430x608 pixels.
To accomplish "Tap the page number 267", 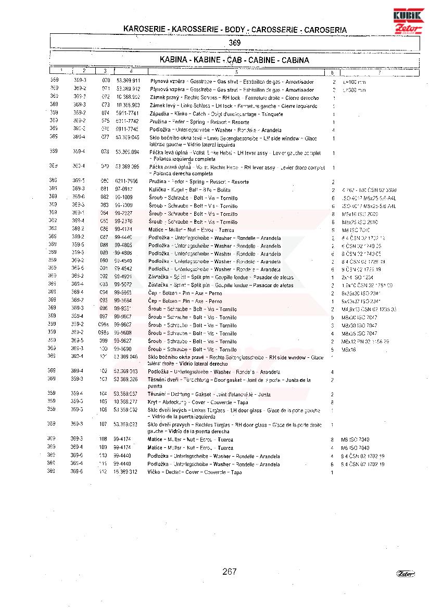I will (x=229, y=572).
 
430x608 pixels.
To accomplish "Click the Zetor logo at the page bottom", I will (x=406, y=574).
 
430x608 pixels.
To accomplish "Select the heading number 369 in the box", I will (x=234, y=43).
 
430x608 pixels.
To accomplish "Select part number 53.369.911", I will (x=128, y=82).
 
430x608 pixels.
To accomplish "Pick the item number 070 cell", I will (x=106, y=82).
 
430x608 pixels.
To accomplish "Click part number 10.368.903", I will (x=128, y=106).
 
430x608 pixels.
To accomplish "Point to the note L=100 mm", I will (x=354, y=82).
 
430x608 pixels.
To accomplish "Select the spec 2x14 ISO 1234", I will (x=354, y=278).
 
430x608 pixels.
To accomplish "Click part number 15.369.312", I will (x=126, y=472).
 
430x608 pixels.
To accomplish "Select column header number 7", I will (x=379, y=72).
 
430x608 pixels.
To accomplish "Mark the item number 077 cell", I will (x=106, y=138).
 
